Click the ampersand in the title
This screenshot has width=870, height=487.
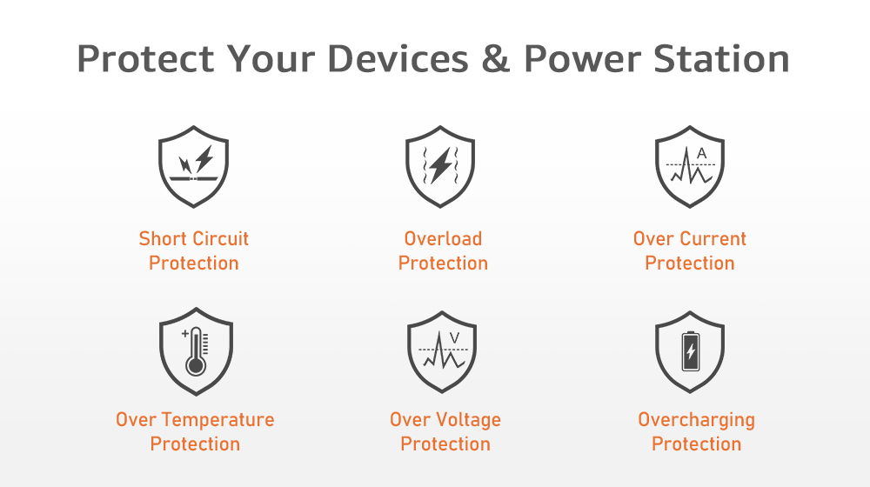click(x=496, y=59)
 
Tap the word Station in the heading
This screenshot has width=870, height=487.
click(x=721, y=59)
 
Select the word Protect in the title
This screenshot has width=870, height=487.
click(x=145, y=59)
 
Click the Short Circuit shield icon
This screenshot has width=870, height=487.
click(x=194, y=166)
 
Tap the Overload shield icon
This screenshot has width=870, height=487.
click(x=440, y=166)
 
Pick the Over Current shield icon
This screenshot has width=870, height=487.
click(x=690, y=166)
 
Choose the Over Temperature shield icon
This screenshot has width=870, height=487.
click(x=196, y=351)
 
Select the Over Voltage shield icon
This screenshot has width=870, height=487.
click(x=442, y=351)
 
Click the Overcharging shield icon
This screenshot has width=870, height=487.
click(x=690, y=351)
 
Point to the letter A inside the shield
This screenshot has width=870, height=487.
click(x=702, y=153)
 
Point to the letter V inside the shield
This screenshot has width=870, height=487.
click(x=454, y=337)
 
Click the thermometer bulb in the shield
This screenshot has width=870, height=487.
click(x=195, y=366)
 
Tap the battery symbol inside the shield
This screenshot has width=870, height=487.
click(x=691, y=351)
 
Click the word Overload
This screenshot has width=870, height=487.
click(x=443, y=238)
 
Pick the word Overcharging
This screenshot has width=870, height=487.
click(x=696, y=420)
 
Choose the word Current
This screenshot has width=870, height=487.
click(x=716, y=238)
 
